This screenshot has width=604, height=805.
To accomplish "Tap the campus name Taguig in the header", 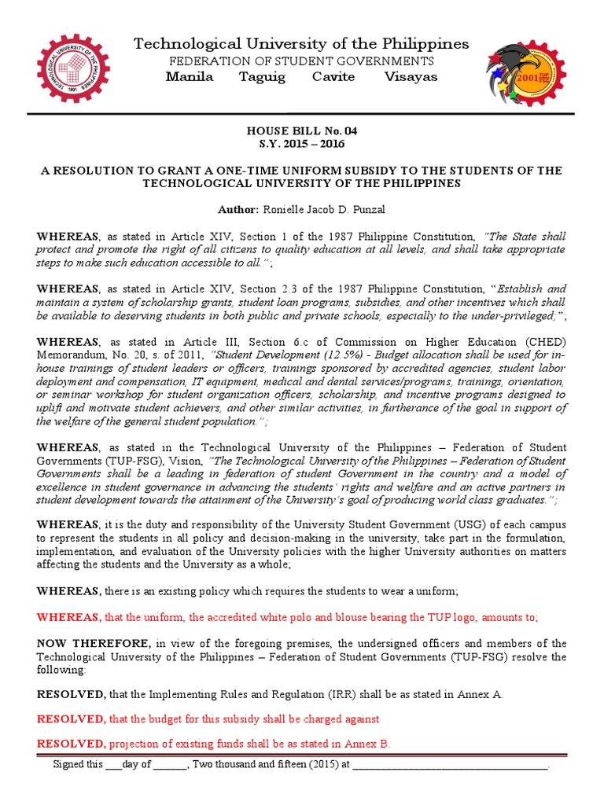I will pos(262,77).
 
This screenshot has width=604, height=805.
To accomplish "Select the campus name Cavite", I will pos(333,77).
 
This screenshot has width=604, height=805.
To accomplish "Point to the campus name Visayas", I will pos(411,77).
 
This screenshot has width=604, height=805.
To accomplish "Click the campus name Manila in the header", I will pos(190,77).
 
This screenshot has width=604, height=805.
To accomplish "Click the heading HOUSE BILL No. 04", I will pos(302,130).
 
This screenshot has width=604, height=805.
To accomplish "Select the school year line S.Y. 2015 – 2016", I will pos(302,144).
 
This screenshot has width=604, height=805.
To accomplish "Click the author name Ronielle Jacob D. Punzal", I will pos(323,210).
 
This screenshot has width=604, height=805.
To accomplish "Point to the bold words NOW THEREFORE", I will pos(86,644).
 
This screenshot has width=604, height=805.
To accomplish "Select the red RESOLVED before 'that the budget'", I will pos(71,719).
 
